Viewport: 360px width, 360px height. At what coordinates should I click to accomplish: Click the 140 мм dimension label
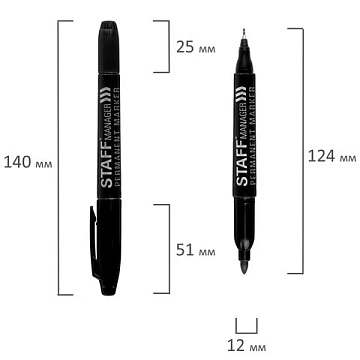[x=28, y=163]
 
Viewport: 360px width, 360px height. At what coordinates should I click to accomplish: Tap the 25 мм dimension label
[x=196, y=47]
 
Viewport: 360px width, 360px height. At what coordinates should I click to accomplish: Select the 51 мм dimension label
[x=196, y=250]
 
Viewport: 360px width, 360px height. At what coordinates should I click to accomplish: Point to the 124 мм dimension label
[x=332, y=156]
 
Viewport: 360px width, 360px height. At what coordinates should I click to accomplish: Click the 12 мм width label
[x=247, y=346]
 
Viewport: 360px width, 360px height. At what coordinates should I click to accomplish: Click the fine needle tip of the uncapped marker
[x=244, y=34]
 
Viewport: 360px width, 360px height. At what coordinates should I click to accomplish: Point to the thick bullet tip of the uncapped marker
[x=244, y=266]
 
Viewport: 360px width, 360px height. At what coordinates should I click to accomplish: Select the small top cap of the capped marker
[x=109, y=47]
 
